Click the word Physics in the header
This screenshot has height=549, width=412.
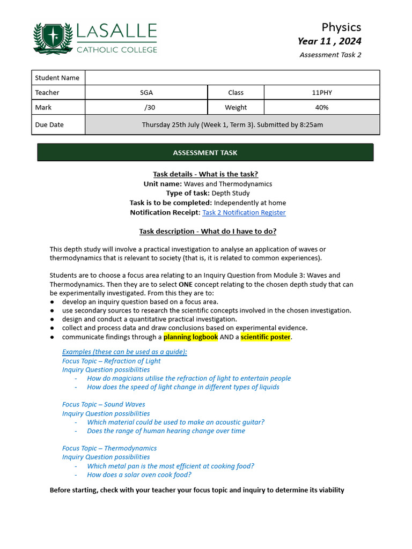point(341,27)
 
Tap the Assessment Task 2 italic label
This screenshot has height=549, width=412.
point(330,55)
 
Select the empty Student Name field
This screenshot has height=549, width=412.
point(232,78)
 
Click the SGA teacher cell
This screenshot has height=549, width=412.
point(146,92)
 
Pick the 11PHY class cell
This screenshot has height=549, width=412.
point(322,92)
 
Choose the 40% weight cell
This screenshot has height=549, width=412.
point(322,107)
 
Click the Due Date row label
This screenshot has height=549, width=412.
point(49,124)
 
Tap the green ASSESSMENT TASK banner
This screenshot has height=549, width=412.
point(205,153)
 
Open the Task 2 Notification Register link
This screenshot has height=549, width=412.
point(244,212)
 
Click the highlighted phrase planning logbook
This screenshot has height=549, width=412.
point(190,337)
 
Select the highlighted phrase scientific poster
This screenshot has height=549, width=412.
point(265,337)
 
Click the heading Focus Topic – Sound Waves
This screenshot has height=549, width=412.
point(104,404)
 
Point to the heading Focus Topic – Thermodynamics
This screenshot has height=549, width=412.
point(109,448)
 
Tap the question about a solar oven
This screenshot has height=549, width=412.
point(139,474)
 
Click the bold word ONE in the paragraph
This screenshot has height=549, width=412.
point(186,284)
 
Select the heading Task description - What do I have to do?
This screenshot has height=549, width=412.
point(208,232)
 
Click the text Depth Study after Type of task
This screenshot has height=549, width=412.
point(231,193)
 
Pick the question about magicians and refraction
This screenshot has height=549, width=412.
point(189,378)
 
